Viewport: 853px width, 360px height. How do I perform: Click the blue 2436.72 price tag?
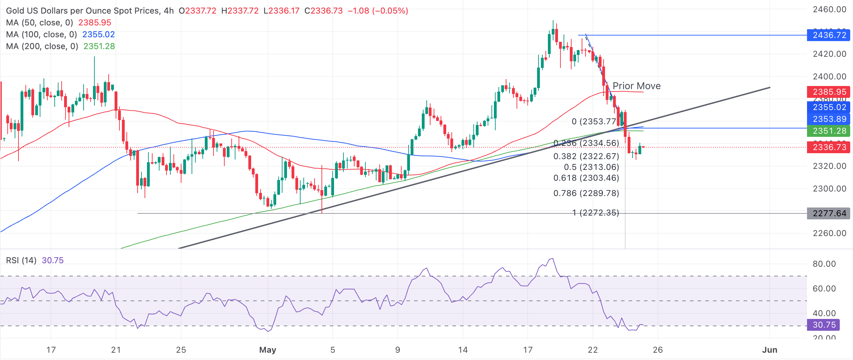pos(829,35)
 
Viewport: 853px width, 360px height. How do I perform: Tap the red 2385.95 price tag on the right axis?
pos(829,92)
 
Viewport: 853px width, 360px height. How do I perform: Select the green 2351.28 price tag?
pos(829,131)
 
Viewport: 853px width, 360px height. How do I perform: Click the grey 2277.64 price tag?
pos(829,213)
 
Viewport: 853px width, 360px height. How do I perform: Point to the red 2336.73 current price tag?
pos(829,147)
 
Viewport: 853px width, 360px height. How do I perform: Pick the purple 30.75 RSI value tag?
pos(823,325)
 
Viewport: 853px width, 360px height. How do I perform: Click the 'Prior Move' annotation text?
pos(636,86)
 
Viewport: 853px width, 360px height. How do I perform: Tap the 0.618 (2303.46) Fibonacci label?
pos(586,178)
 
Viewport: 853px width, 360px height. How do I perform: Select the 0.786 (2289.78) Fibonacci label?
pos(586,193)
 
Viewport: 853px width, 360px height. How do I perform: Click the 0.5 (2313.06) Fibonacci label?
pos(591,167)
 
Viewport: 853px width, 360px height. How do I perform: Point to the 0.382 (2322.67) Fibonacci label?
pos(586,156)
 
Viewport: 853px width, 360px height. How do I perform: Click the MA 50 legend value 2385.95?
pos(95,23)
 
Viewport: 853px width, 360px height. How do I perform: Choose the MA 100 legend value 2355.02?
pos(99,34)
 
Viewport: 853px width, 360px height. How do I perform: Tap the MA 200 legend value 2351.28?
pos(99,46)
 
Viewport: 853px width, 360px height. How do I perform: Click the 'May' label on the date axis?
pos(267,350)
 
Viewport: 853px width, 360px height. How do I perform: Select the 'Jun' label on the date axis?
pos(769,350)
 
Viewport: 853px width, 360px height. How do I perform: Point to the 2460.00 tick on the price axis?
pos(829,9)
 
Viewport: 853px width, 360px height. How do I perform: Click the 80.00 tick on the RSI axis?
pos(824,264)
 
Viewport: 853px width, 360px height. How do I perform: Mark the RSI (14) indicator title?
pos(21,260)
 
